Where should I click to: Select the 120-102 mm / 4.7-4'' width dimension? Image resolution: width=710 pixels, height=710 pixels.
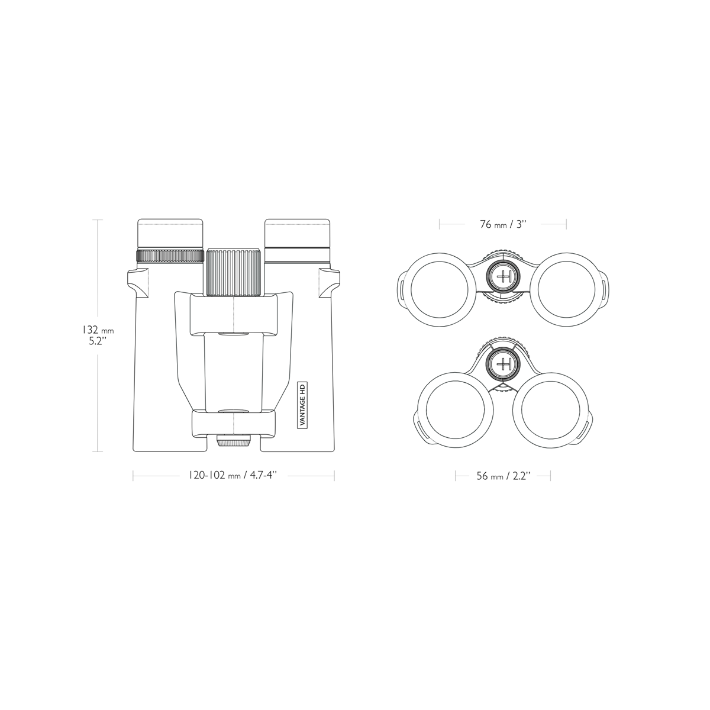(x=233, y=476)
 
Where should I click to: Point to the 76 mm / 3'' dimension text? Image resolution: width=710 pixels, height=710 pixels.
(x=503, y=224)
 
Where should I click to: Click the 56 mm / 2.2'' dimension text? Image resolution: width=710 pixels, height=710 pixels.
(x=503, y=476)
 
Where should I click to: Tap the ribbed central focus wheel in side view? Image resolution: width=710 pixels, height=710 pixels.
(x=234, y=270)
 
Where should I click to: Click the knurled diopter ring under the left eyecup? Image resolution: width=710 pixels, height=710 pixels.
(x=170, y=256)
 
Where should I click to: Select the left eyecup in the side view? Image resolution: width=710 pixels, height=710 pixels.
(x=170, y=234)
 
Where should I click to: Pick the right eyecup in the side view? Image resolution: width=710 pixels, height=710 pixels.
(x=298, y=234)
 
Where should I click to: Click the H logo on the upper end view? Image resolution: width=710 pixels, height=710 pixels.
(x=504, y=276)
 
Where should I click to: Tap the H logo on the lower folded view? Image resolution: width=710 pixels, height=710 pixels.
(x=504, y=363)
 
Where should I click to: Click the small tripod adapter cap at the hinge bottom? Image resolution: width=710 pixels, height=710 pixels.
(x=234, y=441)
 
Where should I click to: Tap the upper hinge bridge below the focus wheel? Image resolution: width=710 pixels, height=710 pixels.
(x=234, y=314)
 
